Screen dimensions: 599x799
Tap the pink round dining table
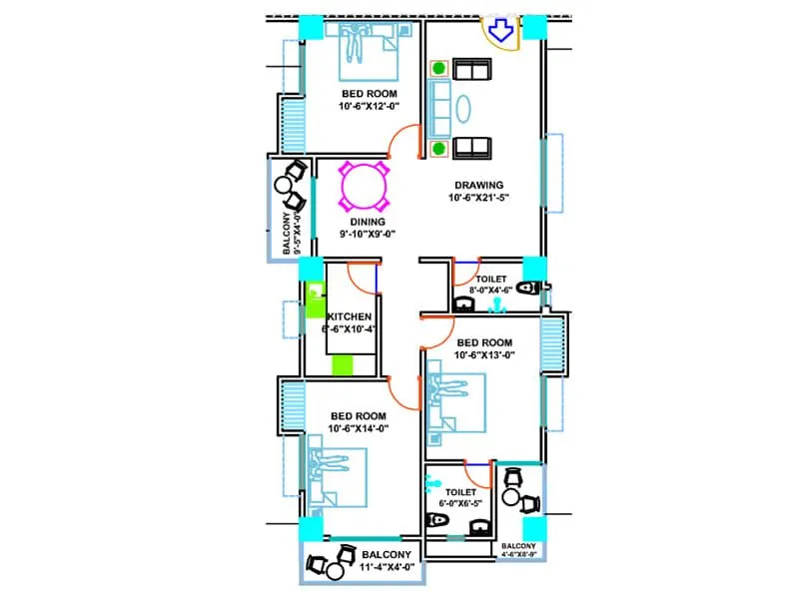click(364, 187)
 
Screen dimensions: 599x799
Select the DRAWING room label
click(478, 185)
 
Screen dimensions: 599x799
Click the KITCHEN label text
click(350, 316)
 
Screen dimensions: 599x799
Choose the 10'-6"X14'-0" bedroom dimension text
click(358, 428)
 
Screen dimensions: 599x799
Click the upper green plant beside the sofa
click(438, 69)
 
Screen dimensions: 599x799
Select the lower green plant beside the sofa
click(438, 149)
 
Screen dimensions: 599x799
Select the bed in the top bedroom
click(367, 52)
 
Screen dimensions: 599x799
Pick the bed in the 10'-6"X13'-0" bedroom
click(454, 404)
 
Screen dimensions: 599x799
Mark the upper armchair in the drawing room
click(470, 69)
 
